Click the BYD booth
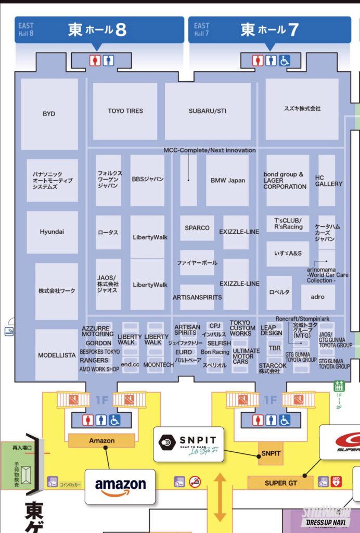click(x=49, y=113)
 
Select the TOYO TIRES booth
click(x=125, y=111)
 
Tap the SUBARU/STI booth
click(x=208, y=111)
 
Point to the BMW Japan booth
click(x=228, y=181)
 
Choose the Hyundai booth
click(x=52, y=232)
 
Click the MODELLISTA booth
click(x=57, y=356)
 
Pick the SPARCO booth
click(x=197, y=228)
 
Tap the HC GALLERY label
click(x=328, y=181)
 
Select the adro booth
click(x=317, y=297)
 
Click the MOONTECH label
click(x=158, y=365)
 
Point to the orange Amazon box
click(x=102, y=440)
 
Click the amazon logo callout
click(x=120, y=486)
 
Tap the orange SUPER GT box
click(x=280, y=483)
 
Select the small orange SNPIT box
click(x=271, y=453)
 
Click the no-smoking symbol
click(x=195, y=482)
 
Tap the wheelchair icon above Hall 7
click(x=284, y=61)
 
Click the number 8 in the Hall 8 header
click(x=120, y=30)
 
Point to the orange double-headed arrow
click(x=220, y=497)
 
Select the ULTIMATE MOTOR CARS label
click(x=246, y=356)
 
